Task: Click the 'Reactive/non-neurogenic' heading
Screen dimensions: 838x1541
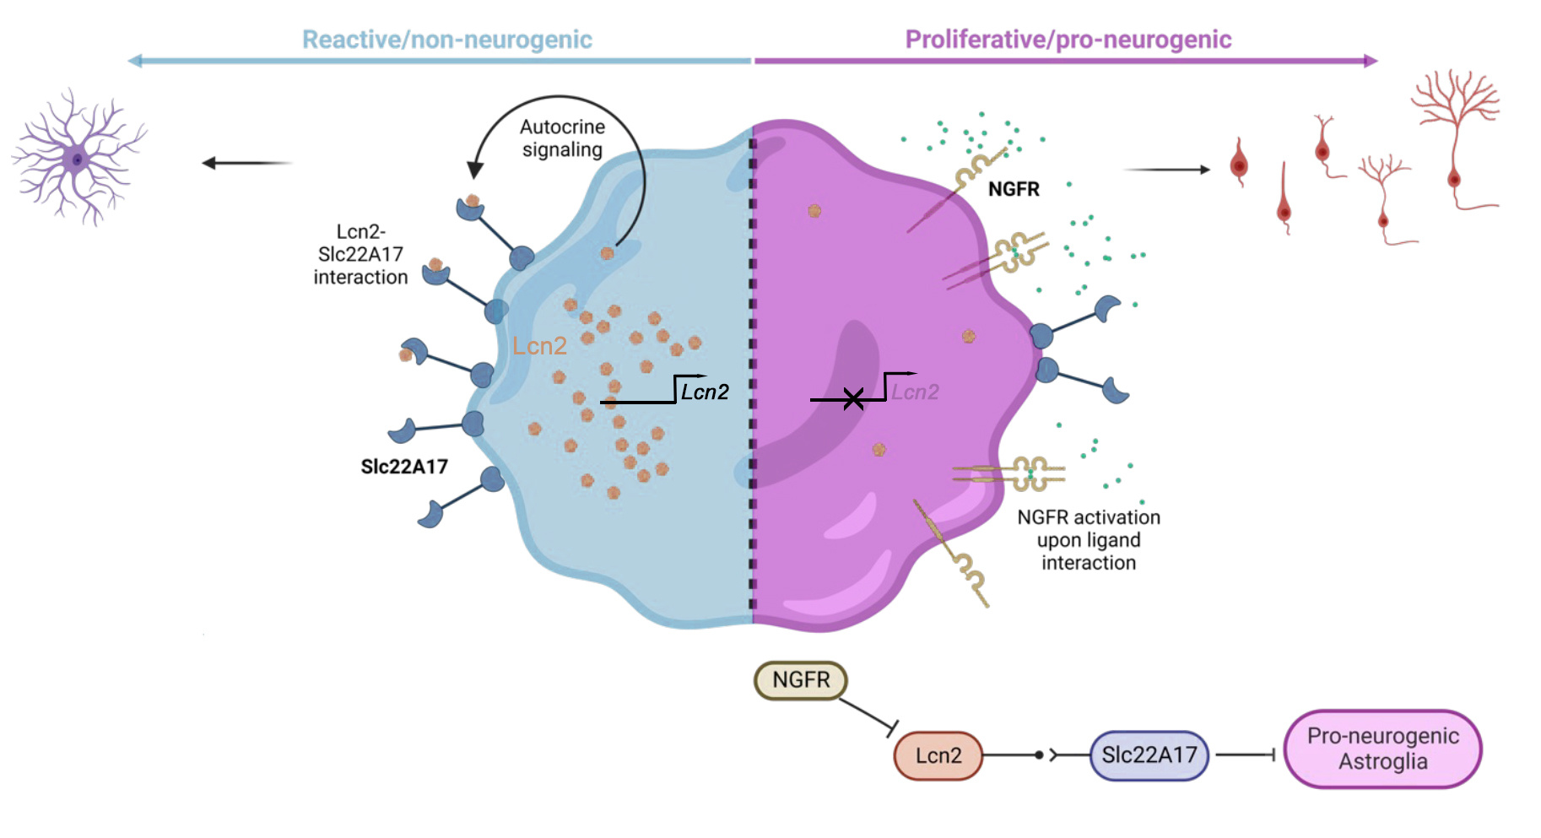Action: (x=447, y=40)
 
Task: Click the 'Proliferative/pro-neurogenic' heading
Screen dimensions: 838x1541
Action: (x=1068, y=40)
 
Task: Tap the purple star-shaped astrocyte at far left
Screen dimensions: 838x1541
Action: (x=78, y=158)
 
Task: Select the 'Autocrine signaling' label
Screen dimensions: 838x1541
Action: (x=563, y=138)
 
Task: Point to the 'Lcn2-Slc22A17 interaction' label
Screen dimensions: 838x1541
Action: (x=360, y=254)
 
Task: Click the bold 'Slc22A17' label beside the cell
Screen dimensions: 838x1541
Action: (x=404, y=467)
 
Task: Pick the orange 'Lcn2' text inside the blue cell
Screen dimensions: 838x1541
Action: (x=539, y=346)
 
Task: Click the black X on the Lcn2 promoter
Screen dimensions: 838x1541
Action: (x=853, y=399)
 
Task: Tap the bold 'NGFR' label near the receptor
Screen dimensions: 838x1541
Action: (x=1014, y=189)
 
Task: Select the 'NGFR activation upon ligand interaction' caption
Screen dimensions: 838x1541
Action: (x=1089, y=540)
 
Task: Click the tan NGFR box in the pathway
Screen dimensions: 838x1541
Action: (x=800, y=680)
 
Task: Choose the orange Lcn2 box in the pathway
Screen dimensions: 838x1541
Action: (x=938, y=755)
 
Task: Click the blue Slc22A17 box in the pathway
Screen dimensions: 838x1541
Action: (x=1149, y=755)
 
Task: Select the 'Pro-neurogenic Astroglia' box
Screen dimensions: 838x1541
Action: (x=1382, y=749)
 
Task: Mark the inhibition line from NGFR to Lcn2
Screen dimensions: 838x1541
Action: (x=868, y=713)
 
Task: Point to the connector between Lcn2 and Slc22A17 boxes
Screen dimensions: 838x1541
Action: (x=1036, y=755)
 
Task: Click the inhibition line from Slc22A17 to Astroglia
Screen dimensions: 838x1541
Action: (x=1245, y=755)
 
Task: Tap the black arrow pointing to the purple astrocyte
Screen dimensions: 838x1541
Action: (x=246, y=163)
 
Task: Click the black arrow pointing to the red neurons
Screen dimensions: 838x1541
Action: (x=1167, y=170)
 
